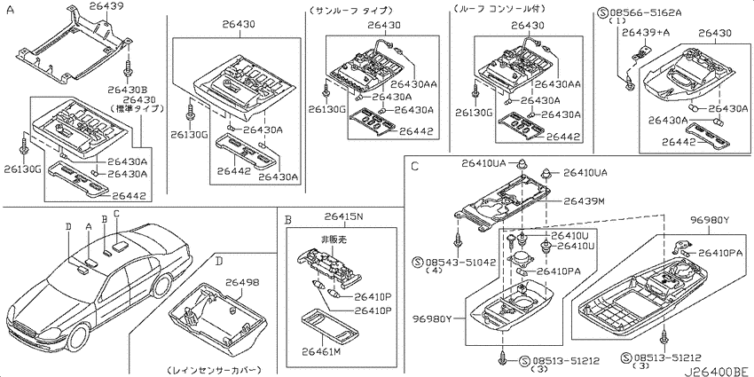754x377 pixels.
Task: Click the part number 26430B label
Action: tap(127, 90)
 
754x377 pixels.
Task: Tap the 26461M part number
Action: tap(321, 352)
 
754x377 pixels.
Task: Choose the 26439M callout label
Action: tap(584, 201)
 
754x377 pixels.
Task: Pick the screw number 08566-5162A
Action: tap(644, 12)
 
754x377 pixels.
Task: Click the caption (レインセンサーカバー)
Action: tap(214, 370)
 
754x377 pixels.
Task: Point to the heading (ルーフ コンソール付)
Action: tap(499, 9)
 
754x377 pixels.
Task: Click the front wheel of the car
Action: tap(79, 339)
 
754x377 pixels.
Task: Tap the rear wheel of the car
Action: tap(161, 286)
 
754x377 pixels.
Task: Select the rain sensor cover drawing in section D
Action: tap(216, 318)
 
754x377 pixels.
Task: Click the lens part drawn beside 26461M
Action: tap(331, 327)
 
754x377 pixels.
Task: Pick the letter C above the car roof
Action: tap(116, 213)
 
